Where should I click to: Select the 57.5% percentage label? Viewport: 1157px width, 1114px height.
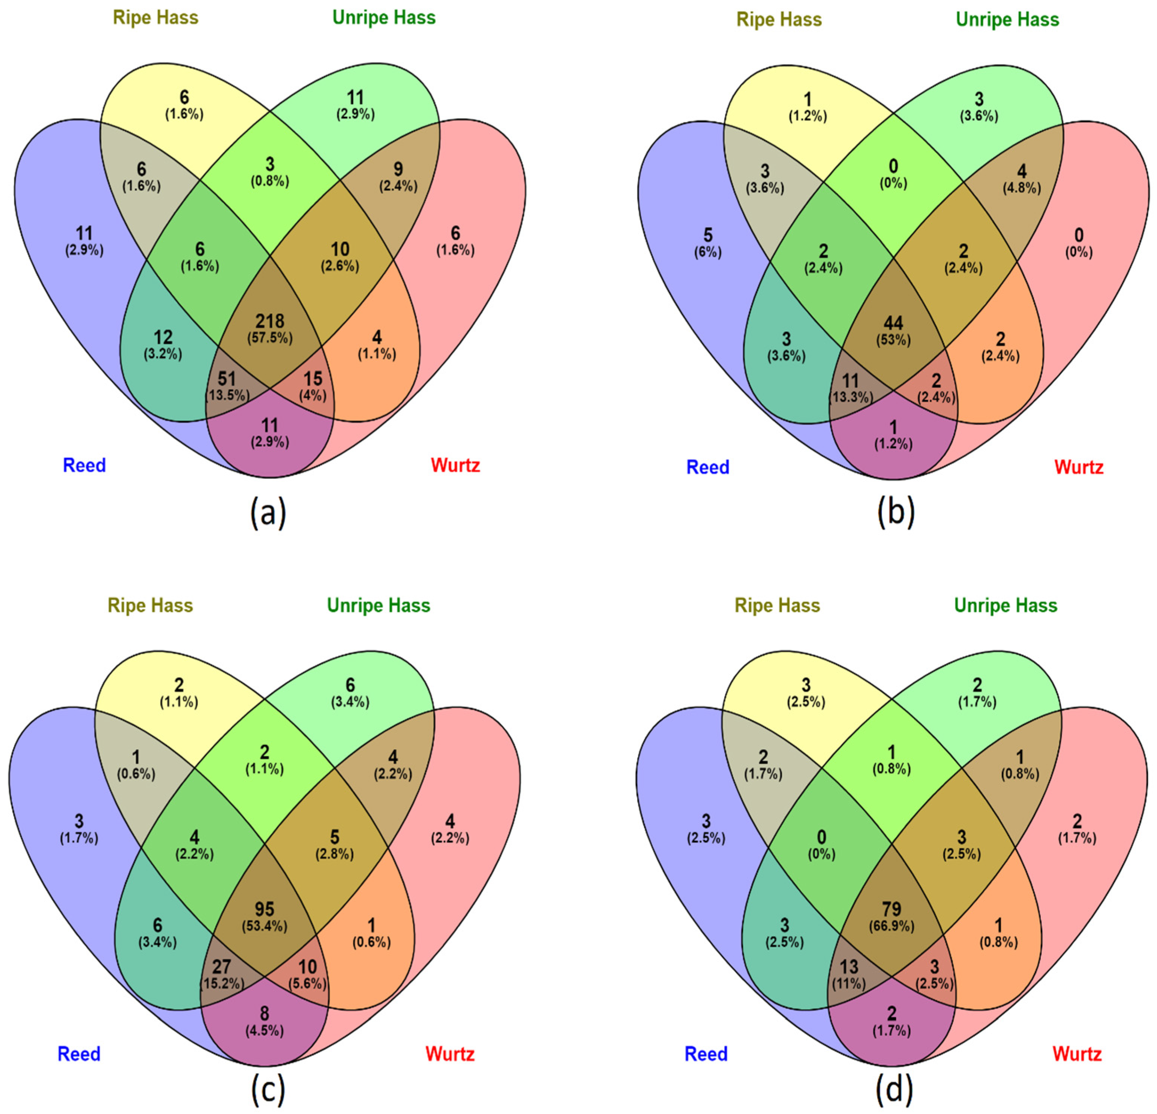click(270, 338)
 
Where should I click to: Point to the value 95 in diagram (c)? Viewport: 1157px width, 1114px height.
click(264, 909)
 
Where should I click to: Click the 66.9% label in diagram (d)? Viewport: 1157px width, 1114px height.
click(891, 926)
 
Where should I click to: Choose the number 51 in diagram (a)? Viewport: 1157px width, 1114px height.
click(227, 378)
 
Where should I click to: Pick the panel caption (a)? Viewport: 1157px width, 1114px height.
click(268, 512)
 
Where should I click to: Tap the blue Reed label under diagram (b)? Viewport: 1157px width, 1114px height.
click(708, 467)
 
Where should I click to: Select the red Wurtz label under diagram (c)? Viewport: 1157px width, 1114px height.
click(450, 1053)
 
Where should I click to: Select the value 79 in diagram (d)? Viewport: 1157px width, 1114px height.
click(891, 909)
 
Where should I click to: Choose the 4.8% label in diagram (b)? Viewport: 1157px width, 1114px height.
click(1022, 188)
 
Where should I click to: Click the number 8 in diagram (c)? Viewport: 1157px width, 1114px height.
click(264, 1014)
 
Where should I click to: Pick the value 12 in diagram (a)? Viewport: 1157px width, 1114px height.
click(163, 337)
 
